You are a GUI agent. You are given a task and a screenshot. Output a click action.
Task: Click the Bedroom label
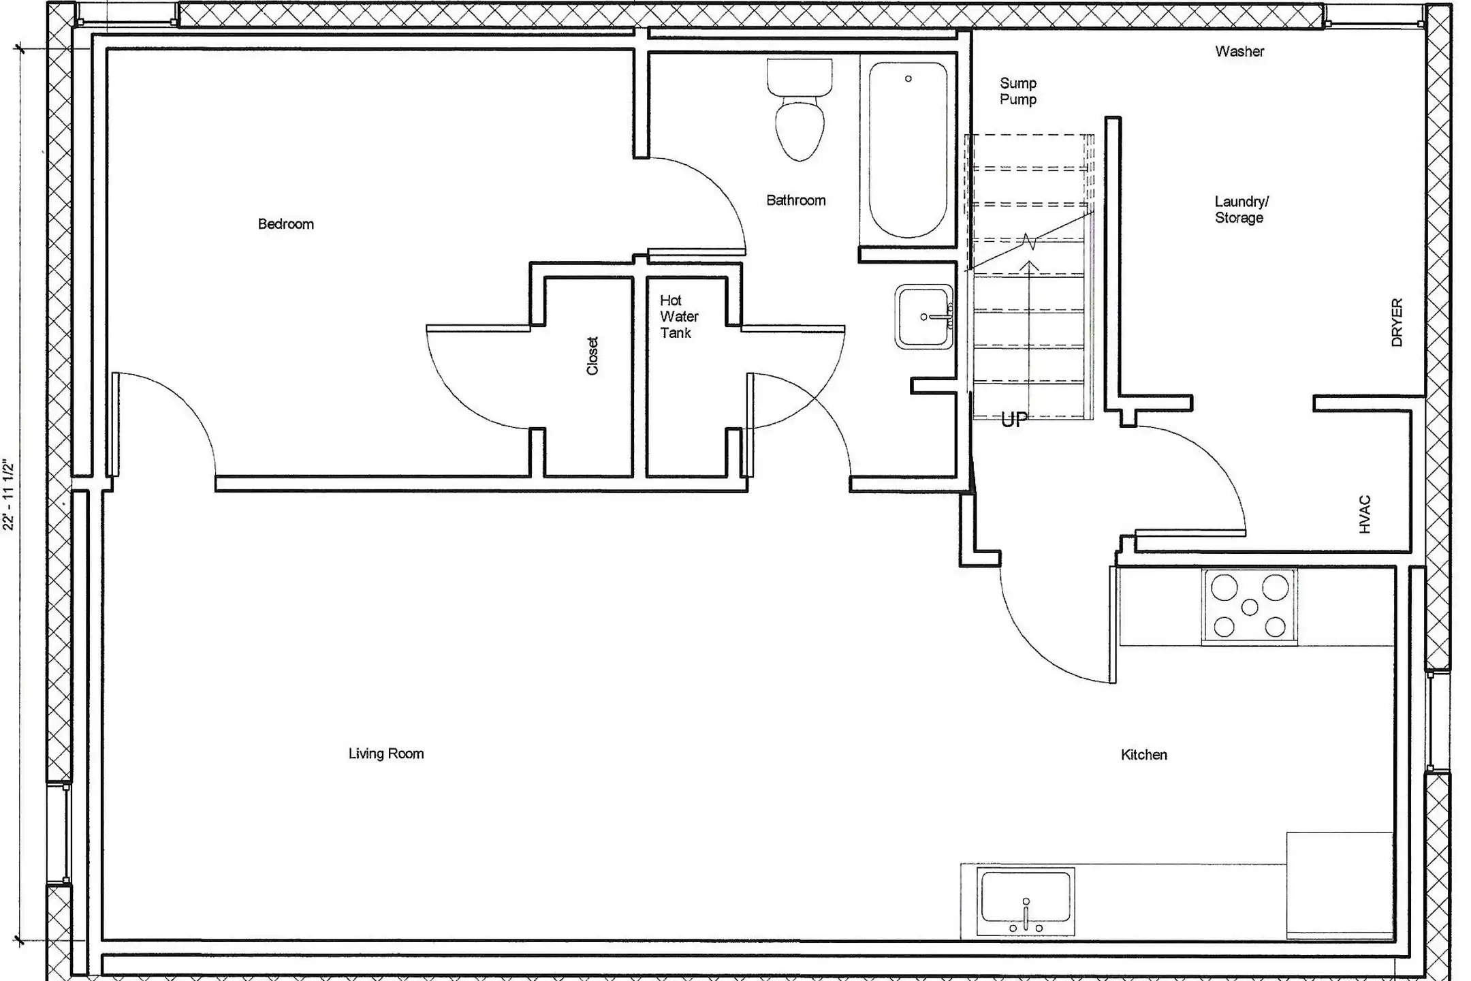tap(286, 224)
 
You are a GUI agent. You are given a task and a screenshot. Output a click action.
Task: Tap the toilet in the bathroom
tap(800, 110)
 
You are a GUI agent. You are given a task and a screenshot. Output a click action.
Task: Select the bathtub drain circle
tap(908, 79)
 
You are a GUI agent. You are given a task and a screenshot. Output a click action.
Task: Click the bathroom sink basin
tap(924, 317)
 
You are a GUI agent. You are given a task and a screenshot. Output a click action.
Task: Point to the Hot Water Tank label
tap(679, 317)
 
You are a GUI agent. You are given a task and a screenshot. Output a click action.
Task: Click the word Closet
tap(592, 356)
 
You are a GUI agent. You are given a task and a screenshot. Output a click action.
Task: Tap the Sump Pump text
tap(1018, 91)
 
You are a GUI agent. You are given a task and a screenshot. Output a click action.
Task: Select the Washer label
tap(1239, 51)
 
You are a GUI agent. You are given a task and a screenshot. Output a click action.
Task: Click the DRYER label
tap(1397, 322)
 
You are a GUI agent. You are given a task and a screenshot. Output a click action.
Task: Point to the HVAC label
tap(1364, 514)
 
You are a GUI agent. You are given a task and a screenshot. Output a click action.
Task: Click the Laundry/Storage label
tap(1241, 210)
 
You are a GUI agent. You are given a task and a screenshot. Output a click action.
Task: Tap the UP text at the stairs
tap(1014, 420)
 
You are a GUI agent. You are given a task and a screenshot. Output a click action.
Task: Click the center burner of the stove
tap(1250, 606)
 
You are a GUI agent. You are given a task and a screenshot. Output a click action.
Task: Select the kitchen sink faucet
tap(1026, 914)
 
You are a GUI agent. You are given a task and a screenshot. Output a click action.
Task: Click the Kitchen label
tap(1144, 755)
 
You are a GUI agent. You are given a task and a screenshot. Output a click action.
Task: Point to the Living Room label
tap(386, 753)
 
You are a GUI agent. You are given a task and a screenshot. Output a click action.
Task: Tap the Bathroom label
tap(796, 200)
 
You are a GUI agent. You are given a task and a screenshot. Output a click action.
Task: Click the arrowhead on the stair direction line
tap(1029, 266)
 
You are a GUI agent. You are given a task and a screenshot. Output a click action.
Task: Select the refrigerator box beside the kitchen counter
tap(1339, 884)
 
